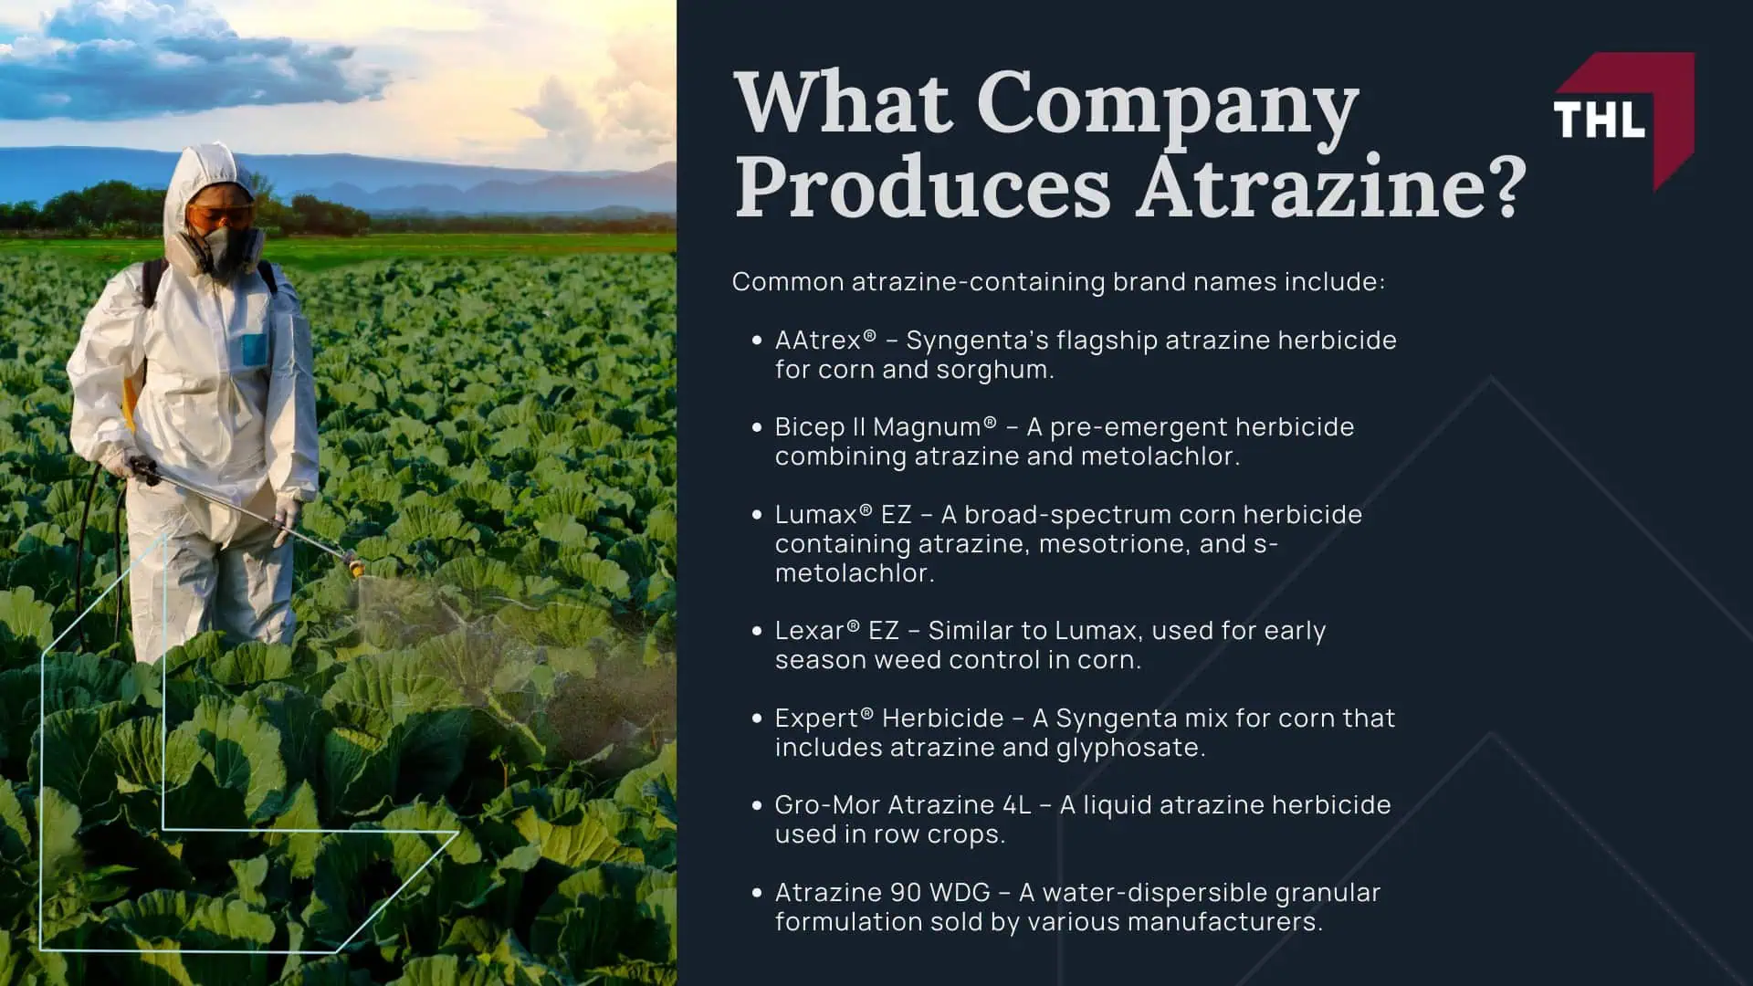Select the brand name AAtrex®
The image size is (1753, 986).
[824, 341]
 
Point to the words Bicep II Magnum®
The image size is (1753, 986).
[885, 427]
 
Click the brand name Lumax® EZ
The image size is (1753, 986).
[843, 515]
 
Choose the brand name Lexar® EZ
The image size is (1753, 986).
[836, 631]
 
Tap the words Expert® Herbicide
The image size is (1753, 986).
[888, 719]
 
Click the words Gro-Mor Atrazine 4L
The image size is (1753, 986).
[902, 805]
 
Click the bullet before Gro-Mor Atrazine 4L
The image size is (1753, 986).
[756, 805]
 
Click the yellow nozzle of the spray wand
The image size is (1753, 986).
[356, 567]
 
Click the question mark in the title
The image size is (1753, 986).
[1505, 187]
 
